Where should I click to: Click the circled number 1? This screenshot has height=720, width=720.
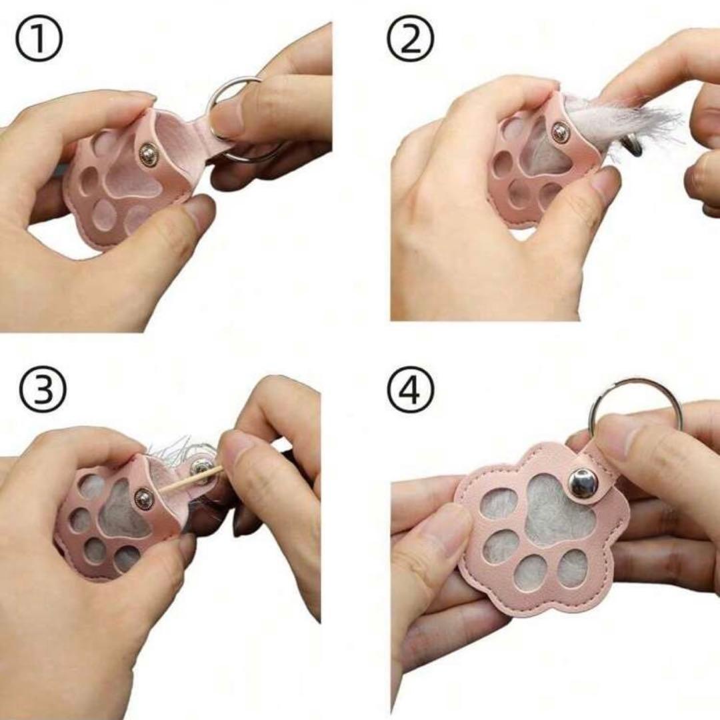tap(39, 41)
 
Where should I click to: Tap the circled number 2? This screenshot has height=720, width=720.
tap(410, 39)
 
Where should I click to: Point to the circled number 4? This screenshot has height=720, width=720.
tap(410, 389)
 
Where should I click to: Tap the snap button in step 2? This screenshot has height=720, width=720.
tap(559, 132)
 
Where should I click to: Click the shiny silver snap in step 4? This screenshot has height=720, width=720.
tap(582, 483)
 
